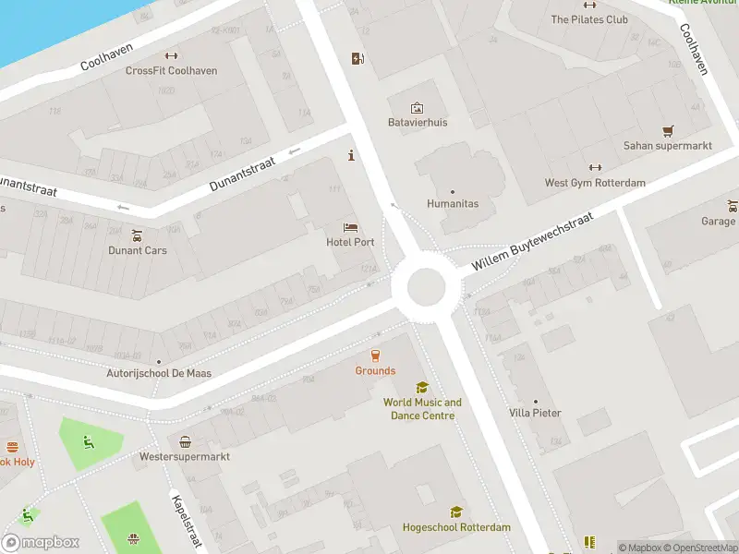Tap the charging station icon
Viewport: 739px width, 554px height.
click(x=357, y=60)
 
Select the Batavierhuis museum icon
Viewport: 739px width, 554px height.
click(x=417, y=108)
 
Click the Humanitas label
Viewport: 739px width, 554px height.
click(x=453, y=204)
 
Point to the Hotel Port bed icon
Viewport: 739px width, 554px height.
click(x=350, y=227)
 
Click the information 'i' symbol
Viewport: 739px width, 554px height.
click(x=350, y=155)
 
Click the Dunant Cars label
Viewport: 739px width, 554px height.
click(x=138, y=250)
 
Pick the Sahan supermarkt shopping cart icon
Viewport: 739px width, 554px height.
click(x=668, y=131)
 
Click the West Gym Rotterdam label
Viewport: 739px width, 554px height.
click(x=595, y=183)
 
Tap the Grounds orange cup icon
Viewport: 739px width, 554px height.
click(x=375, y=355)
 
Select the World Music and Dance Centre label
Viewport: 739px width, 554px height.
click(x=422, y=409)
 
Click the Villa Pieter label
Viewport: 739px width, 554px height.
click(x=535, y=413)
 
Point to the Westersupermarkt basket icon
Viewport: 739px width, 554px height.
click(x=185, y=441)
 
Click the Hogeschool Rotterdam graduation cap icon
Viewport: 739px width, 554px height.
click(x=455, y=512)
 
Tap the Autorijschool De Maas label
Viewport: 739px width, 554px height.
click(x=159, y=373)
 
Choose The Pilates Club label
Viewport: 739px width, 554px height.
click(x=589, y=19)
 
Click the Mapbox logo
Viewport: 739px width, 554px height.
click(x=41, y=542)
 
